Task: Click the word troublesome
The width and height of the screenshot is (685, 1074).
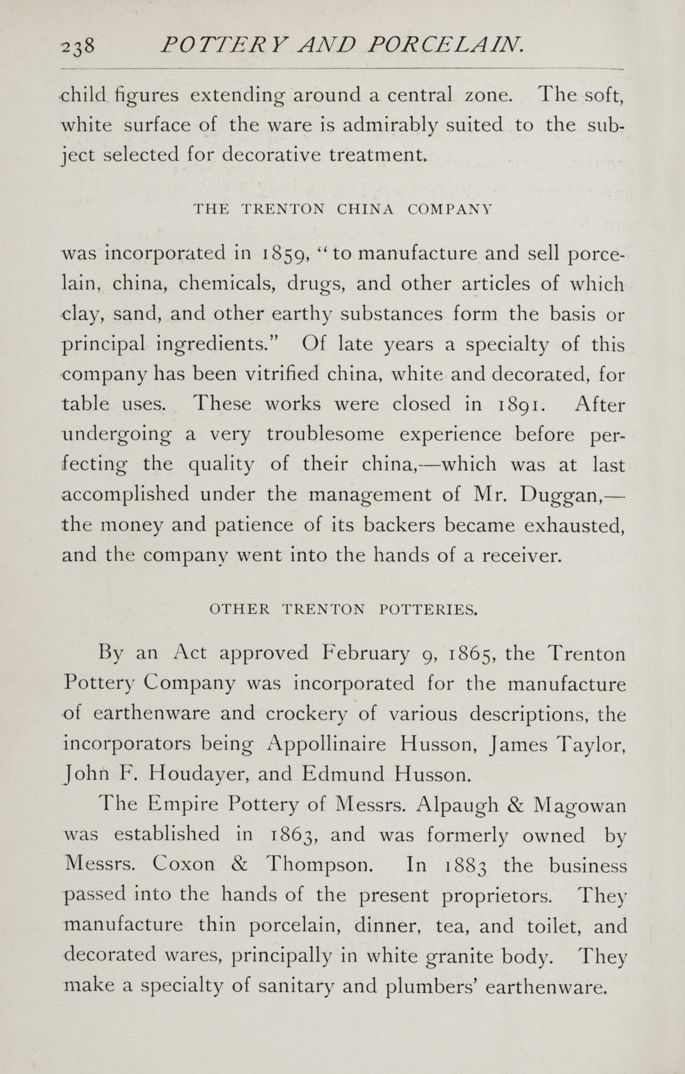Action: pos(325,434)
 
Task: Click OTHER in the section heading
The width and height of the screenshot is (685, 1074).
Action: pos(239,610)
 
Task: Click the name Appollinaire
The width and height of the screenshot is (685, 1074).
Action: pos(326,744)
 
